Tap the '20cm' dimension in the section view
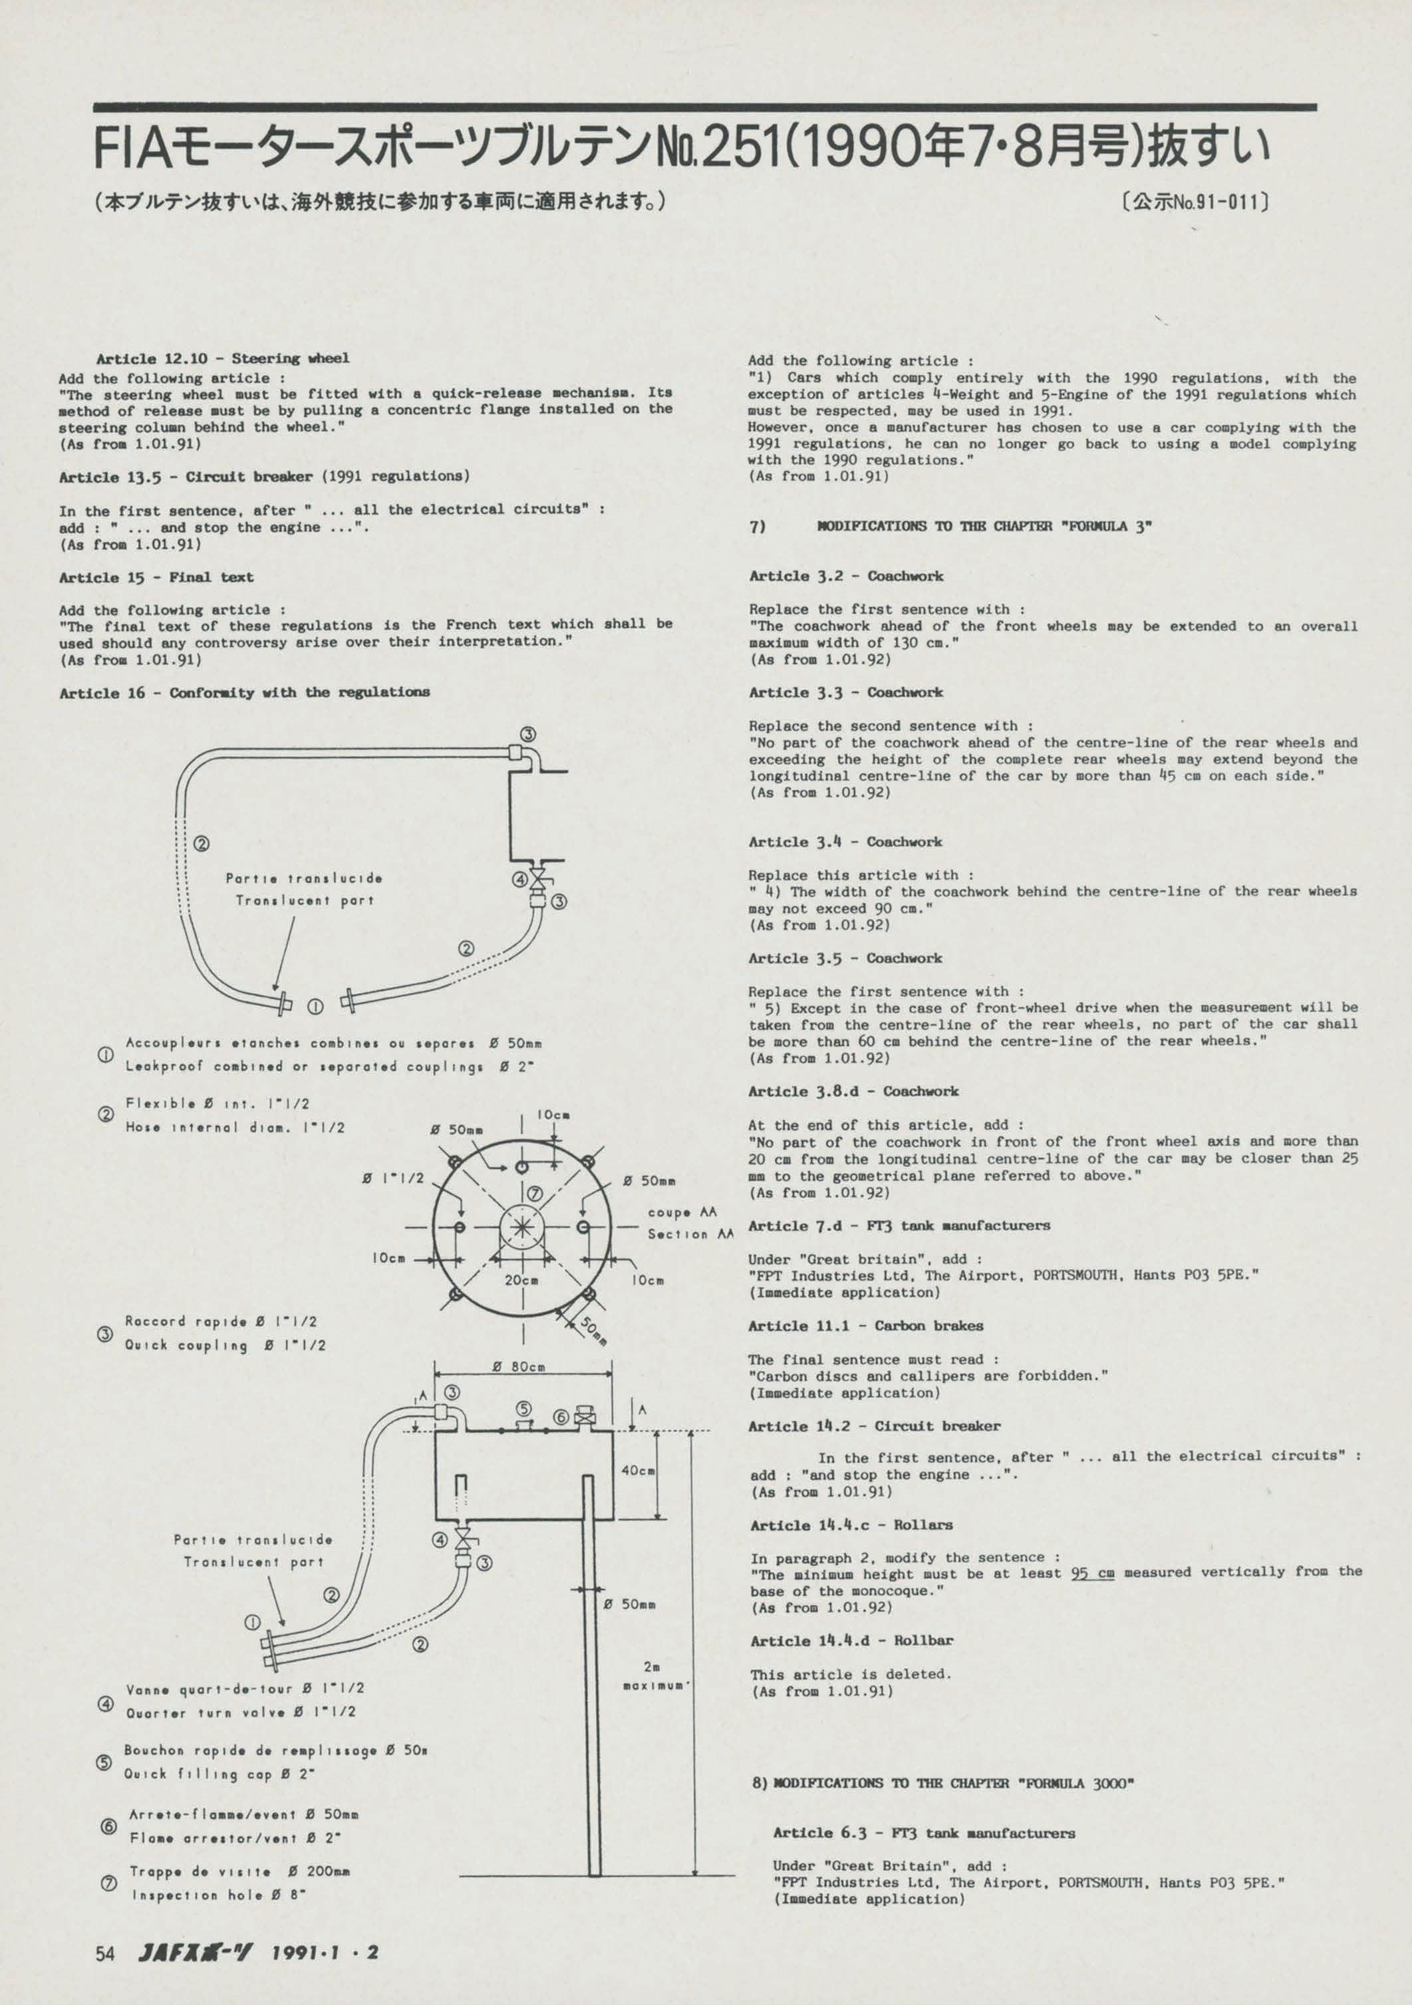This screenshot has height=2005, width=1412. (521, 1280)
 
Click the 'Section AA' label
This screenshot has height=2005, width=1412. (690, 1234)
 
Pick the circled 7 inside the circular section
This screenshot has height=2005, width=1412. (535, 1194)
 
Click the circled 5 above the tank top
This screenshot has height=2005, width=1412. (523, 1408)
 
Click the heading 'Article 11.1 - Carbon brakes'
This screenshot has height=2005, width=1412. (865, 1325)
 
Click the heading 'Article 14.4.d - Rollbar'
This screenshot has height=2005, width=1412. (851, 1641)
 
